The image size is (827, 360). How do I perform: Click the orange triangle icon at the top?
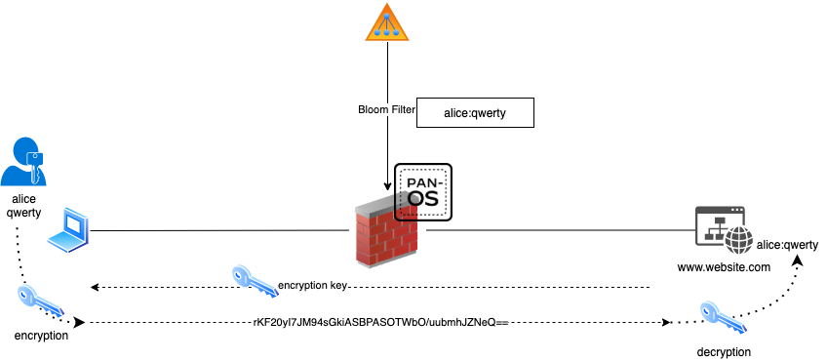[387, 22]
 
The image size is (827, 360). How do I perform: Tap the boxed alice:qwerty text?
[475, 113]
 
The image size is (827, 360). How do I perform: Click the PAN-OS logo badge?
[423, 190]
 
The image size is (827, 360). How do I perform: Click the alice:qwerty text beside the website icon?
[787, 245]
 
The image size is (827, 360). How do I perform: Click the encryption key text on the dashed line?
[312, 287]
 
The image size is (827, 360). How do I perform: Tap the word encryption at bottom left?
[41, 335]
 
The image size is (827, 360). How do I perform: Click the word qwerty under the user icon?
[22, 214]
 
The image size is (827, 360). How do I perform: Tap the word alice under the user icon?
[22, 199]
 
